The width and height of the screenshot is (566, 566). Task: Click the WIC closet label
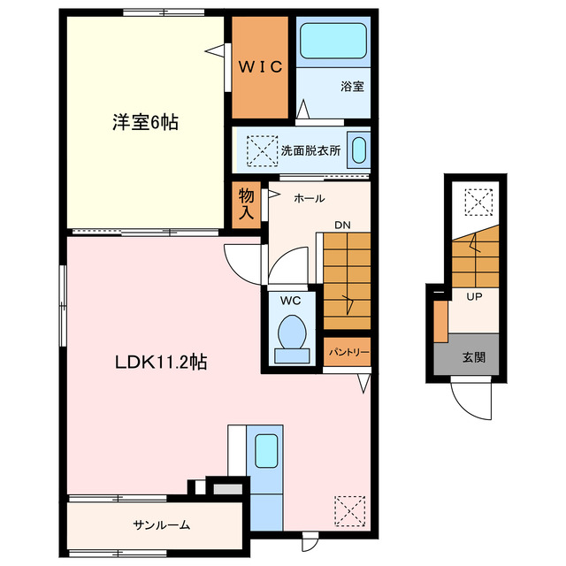260,67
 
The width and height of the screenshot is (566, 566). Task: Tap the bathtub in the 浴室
333,41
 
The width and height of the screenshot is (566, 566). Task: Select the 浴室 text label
352,87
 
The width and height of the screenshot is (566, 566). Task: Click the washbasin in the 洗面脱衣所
359,150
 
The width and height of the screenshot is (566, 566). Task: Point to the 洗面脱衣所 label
310,150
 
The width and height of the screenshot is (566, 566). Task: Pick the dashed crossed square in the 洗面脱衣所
262,151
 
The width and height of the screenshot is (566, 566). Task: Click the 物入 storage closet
246,204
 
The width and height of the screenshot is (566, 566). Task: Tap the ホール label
309,198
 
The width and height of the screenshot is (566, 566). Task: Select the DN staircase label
342,226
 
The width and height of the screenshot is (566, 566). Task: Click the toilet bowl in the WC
292,332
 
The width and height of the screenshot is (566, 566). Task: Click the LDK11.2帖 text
161,362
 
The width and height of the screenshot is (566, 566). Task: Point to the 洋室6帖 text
145,122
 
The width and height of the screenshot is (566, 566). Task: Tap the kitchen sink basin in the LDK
266,450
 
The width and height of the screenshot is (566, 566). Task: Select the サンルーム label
161,524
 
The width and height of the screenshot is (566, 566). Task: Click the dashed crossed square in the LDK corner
350,511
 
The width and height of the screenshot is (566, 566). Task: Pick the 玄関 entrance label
474,357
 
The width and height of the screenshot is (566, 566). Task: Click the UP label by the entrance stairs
474,297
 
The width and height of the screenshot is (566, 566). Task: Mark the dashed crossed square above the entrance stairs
478,203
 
